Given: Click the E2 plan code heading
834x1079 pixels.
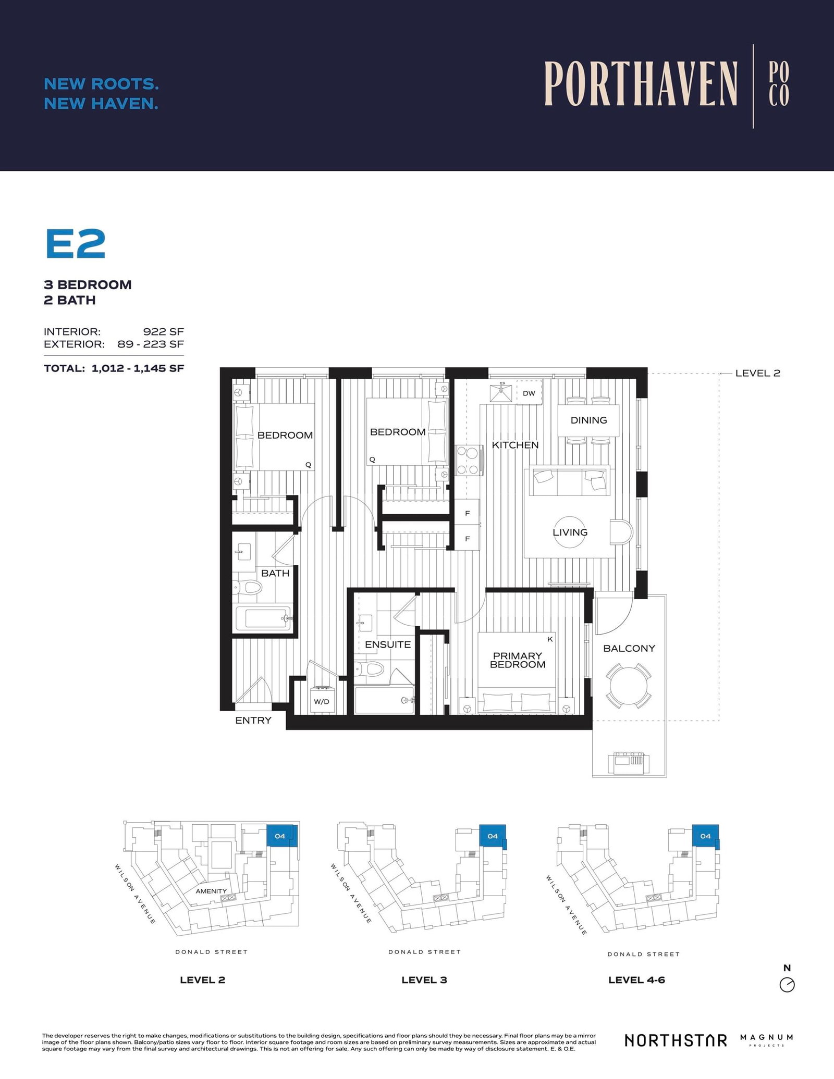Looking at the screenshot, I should (x=76, y=244).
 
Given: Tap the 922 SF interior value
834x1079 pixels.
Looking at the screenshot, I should (x=163, y=331).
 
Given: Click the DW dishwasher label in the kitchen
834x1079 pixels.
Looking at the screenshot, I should (x=529, y=393).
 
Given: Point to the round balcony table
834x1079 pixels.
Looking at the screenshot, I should (x=628, y=685).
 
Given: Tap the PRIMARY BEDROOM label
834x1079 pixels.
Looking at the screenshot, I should (x=517, y=660).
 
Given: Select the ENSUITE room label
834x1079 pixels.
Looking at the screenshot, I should (x=387, y=644).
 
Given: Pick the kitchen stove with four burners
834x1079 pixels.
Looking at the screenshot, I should (x=468, y=461).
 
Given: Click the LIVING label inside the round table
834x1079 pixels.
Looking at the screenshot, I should (x=570, y=532).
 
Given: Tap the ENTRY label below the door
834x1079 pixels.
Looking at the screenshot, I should (x=253, y=720).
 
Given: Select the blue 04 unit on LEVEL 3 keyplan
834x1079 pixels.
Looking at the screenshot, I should (x=492, y=836).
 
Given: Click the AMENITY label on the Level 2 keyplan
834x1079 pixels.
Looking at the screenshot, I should (x=211, y=891).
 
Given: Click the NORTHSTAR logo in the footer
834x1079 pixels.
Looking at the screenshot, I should (x=676, y=1040).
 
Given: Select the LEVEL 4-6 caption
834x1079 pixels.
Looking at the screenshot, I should (x=636, y=979).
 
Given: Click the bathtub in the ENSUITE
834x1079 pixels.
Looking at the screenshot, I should (x=384, y=701).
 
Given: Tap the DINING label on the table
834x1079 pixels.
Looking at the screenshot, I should (x=588, y=420).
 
